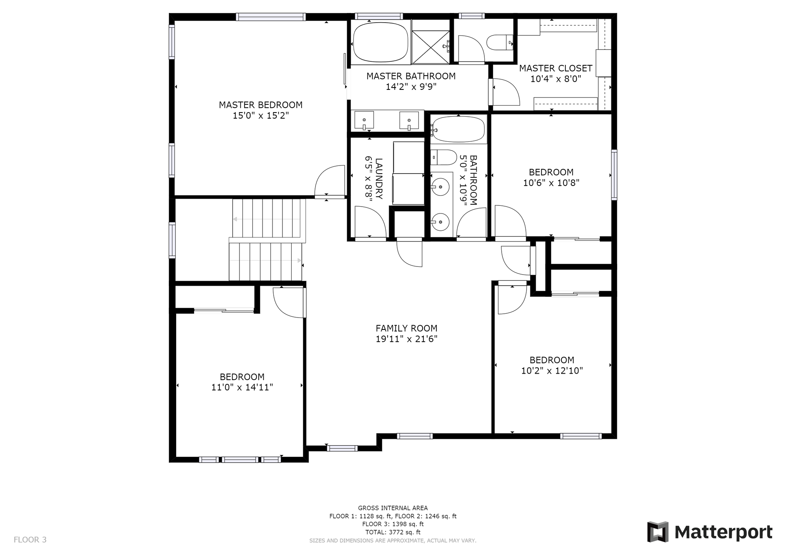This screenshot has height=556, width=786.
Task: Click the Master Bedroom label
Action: [x=261, y=105]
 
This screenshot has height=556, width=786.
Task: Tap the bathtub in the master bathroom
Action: [x=381, y=42]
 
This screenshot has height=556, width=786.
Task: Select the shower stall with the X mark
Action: [x=430, y=47]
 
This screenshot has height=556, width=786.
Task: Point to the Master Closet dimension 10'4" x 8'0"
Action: [x=556, y=79]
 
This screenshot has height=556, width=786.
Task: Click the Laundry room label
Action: [x=379, y=179]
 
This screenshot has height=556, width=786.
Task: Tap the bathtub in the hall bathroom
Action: [x=458, y=129]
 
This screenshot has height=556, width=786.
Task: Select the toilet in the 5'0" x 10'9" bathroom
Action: [x=444, y=157]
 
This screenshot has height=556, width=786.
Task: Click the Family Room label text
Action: [x=406, y=328]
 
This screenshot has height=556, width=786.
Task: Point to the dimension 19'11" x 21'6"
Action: [x=406, y=339]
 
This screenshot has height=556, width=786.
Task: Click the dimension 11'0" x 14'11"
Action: [x=242, y=387]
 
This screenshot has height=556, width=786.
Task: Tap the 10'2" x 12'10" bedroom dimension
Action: [x=552, y=371]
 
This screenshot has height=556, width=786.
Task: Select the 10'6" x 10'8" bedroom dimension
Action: [x=551, y=183]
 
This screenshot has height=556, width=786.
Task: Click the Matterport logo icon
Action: [x=658, y=532]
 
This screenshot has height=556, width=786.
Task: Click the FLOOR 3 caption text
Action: [x=30, y=540]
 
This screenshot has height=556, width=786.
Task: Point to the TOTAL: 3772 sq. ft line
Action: [x=393, y=532]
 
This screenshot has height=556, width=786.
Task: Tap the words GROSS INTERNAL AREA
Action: [x=393, y=508]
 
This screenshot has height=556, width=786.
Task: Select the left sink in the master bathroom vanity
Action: [x=364, y=121]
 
